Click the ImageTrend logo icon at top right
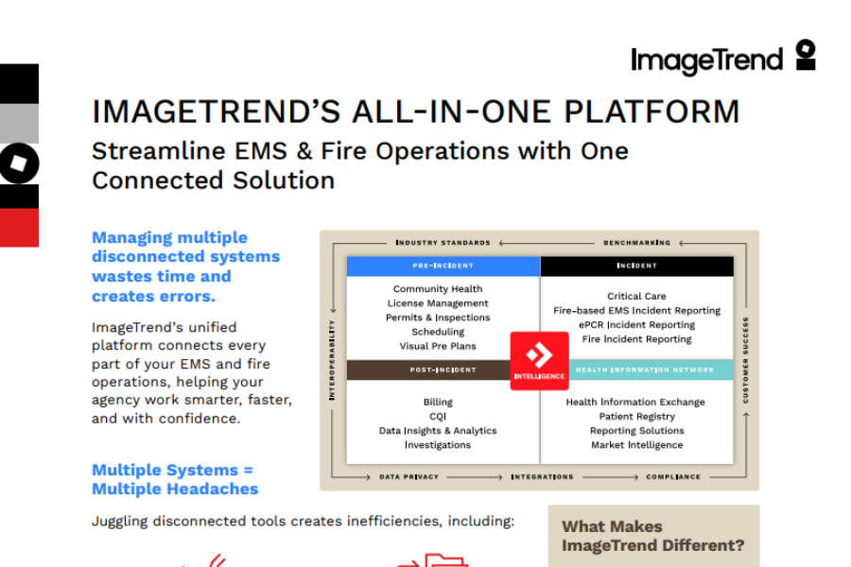click(805, 55)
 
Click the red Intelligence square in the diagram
click(539, 360)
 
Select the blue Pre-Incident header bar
click(443, 266)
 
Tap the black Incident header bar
click(636, 266)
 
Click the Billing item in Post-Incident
click(438, 403)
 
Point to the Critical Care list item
click(636, 297)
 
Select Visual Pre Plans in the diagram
click(438, 347)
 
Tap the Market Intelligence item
click(636, 445)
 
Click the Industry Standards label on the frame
click(443, 243)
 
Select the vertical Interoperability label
click(333, 360)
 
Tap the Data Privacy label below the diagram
click(408, 477)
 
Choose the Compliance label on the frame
click(673, 477)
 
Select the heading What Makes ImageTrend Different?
click(652, 536)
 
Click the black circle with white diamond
click(19, 163)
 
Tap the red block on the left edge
click(19, 228)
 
